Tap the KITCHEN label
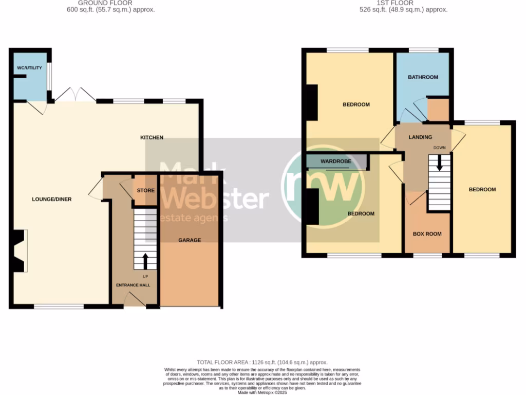[x=152, y=137]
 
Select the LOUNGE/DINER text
[x=51, y=199]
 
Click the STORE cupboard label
[x=146, y=191]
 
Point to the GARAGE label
[x=190, y=240]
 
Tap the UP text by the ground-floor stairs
[x=145, y=277]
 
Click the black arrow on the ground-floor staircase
[x=145, y=261]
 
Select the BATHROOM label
[x=423, y=77]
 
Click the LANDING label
[x=420, y=137]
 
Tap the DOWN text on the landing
[x=439, y=148]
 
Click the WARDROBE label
[x=336, y=161]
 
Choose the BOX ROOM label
[x=427, y=234]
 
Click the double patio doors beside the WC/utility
[x=75, y=95]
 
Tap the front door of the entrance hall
[x=135, y=300]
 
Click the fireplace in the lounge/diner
[x=18, y=251]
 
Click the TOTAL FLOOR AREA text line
[x=262, y=363]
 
